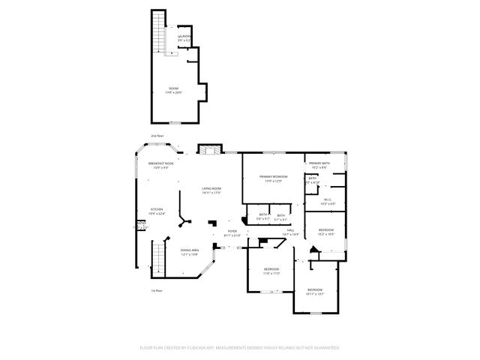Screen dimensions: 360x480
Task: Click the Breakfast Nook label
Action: point(162,165)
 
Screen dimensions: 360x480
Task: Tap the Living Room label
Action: point(211,190)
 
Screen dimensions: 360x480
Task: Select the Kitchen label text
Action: point(156,211)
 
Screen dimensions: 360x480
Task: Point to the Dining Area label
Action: point(190,251)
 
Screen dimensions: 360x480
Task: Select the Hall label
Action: point(291,232)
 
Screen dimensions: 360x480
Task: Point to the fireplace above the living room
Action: point(209,150)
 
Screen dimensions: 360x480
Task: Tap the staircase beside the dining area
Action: point(158,259)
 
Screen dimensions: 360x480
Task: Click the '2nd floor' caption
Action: point(157,135)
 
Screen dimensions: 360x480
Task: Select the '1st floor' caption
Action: point(156,290)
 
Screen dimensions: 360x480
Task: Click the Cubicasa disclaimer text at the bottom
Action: point(240,348)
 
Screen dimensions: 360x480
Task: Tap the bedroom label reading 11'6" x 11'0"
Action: point(271,271)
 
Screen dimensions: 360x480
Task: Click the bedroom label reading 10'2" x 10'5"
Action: point(325,232)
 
